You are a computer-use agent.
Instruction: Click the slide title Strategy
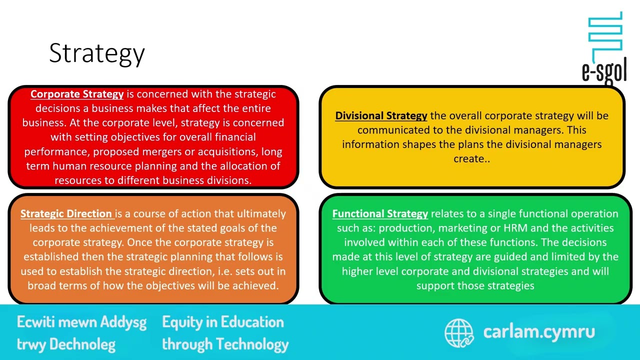97,53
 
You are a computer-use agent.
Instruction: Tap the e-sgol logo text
604,71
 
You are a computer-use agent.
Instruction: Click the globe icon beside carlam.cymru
458,332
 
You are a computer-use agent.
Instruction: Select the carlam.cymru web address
539,331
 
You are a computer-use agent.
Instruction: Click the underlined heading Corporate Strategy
77,94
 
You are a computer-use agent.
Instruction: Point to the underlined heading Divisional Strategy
381,115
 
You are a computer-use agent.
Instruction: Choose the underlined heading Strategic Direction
66,213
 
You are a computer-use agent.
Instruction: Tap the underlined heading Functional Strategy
380,213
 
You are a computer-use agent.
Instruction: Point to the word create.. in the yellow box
471,158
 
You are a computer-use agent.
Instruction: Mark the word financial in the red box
235,137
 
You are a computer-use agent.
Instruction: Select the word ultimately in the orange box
261,213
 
